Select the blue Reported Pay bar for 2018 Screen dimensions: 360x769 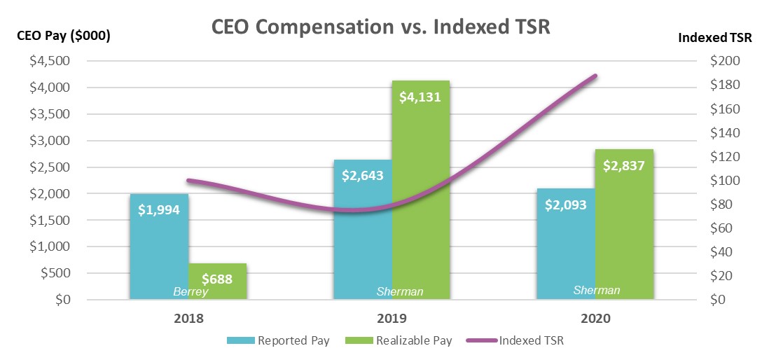pos(159,245)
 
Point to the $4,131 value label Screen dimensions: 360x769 pos(420,97)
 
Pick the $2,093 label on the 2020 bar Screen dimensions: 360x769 pos(566,205)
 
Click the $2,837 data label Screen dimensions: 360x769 pos(623,166)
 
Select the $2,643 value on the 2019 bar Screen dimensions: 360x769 pos(363,176)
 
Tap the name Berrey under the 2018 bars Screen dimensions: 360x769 pos(190,292)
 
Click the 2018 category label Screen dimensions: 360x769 pos(188,318)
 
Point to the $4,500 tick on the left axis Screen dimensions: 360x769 pos(49,61)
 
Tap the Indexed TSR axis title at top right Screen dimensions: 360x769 pos(714,38)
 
